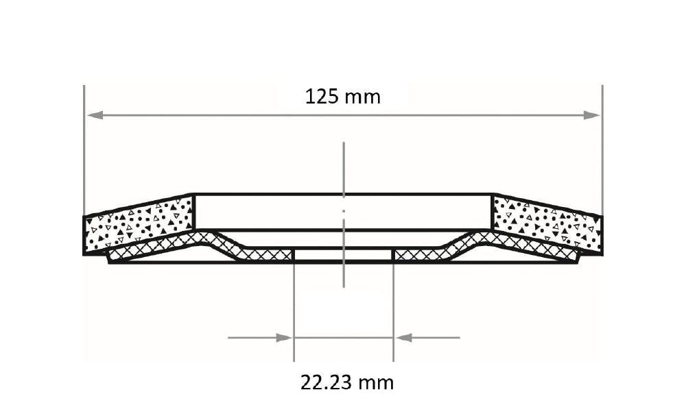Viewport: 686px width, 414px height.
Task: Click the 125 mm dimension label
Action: [x=342, y=97]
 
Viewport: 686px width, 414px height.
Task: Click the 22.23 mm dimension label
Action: [x=347, y=382]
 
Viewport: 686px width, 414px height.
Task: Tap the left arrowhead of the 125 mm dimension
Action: [x=95, y=115]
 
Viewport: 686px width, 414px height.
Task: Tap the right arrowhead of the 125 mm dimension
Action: [x=592, y=115]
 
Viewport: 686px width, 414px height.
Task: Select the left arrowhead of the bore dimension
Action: [x=284, y=337]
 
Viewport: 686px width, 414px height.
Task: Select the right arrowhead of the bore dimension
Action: [x=403, y=337]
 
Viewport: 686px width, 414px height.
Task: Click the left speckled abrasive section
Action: [x=139, y=224]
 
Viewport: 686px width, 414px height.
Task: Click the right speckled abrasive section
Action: [x=547, y=224]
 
